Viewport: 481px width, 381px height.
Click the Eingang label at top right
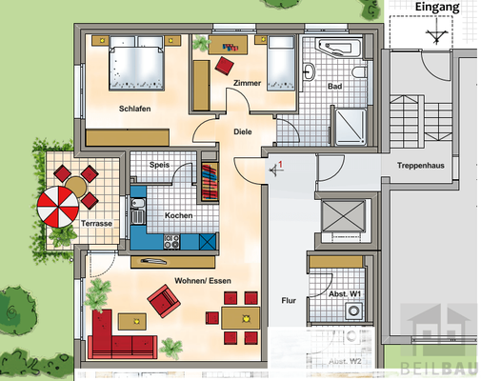click(438, 8)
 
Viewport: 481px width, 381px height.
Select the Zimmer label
click(247, 84)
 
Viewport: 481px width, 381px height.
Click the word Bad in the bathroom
click(334, 87)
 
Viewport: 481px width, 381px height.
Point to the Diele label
click(242, 131)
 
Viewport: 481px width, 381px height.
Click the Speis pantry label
click(161, 166)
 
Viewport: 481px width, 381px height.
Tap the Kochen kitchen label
click(178, 215)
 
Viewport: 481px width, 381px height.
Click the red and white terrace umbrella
click(61, 207)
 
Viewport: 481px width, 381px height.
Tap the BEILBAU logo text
click(439, 366)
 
